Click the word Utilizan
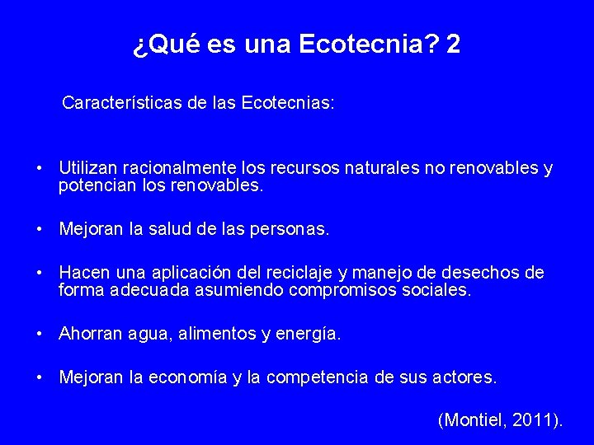click(90, 169)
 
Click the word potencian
click(95, 186)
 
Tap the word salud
click(168, 229)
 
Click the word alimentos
click(217, 334)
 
